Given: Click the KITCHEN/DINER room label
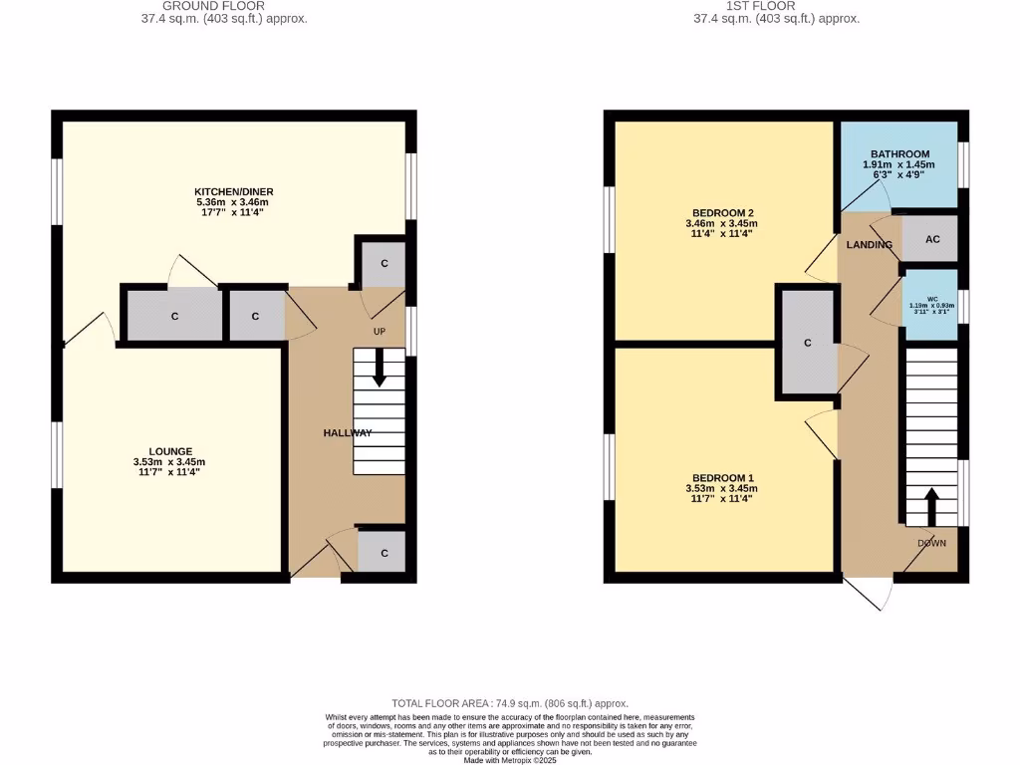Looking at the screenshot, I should pos(235,191).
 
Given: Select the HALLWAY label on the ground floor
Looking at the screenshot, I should pos(348,432).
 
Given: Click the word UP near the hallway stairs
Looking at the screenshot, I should pos(380,331).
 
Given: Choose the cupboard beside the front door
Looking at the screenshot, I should pos(382,549).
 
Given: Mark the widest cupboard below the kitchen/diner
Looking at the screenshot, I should pos(173,317).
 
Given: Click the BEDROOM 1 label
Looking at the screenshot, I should pos(721,477).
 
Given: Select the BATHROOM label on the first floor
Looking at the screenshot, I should pos(899,154).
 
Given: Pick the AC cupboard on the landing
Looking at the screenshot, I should pos(931,240).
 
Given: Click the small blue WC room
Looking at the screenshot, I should pos(932,304).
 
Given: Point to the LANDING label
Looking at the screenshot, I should pos(869,244).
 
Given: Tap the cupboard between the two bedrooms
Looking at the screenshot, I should pos(808,343).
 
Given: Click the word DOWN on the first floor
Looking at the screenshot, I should pos(931,543).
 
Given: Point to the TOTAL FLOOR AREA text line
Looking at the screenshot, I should pos(510,703).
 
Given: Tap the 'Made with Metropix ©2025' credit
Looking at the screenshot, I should pos(510,761).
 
